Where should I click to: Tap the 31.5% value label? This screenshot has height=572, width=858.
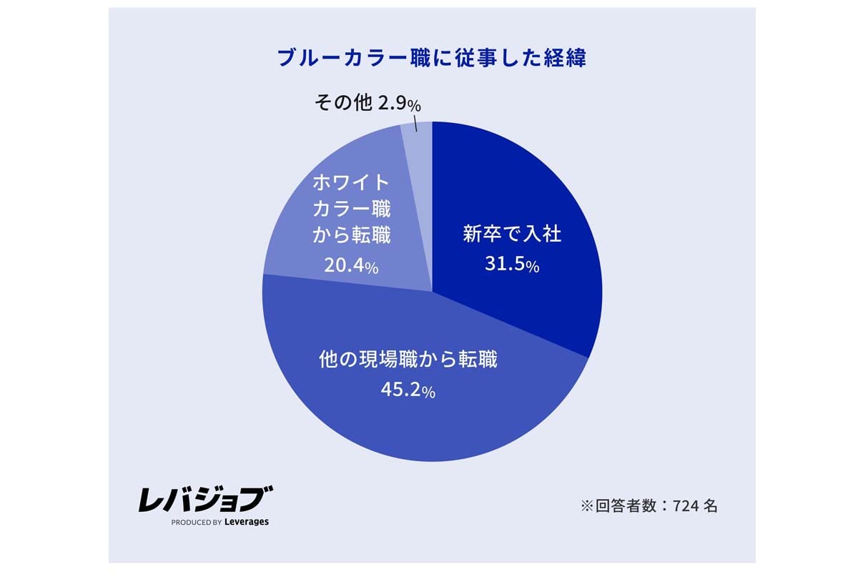pyautogui.click(x=511, y=265)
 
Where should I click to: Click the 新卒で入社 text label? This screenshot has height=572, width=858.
pyautogui.click(x=512, y=235)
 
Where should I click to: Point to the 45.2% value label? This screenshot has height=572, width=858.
pyautogui.click(x=408, y=390)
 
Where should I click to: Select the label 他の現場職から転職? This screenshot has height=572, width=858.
pyautogui.click(x=408, y=360)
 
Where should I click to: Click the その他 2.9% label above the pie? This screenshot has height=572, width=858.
pyautogui.click(x=368, y=104)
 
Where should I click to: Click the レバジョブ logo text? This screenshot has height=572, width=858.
pyautogui.click(x=206, y=499)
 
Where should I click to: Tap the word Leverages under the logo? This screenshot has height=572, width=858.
pyautogui.click(x=247, y=522)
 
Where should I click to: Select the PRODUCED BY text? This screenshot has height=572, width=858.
pyautogui.click(x=197, y=523)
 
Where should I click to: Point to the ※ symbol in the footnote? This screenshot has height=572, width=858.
pyautogui.click(x=587, y=506)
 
